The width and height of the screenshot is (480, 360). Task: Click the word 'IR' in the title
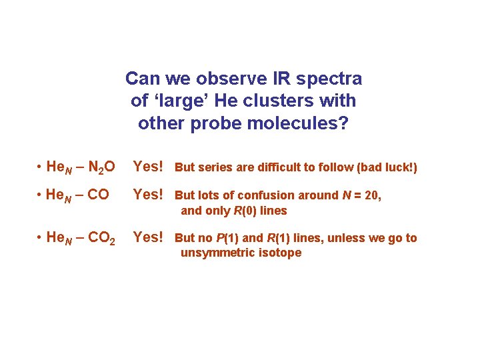click(x=261, y=79)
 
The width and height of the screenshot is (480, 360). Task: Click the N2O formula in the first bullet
click(x=101, y=167)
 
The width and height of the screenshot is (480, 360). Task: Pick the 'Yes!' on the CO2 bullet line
click(x=148, y=237)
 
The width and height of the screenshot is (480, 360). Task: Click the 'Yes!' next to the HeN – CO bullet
click(x=148, y=195)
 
